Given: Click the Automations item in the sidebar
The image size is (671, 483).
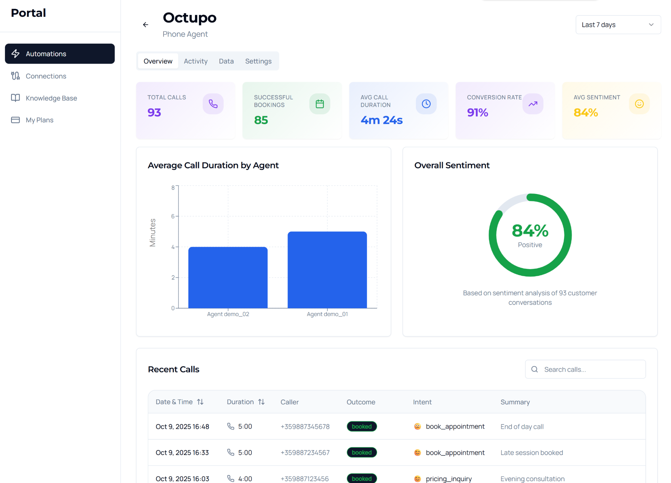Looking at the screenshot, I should [59, 54].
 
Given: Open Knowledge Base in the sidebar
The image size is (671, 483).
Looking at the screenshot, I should [51, 98].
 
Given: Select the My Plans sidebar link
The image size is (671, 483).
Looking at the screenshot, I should [39, 120].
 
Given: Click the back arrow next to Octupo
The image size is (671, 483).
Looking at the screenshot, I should [146, 25].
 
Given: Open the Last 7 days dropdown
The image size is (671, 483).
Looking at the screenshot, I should [618, 25].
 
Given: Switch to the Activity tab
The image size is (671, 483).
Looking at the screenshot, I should [195, 61].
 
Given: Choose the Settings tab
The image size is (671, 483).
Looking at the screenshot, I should [258, 61].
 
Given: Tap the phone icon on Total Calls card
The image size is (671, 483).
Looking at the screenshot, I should [213, 104].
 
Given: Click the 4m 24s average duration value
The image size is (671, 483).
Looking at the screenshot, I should [381, 120].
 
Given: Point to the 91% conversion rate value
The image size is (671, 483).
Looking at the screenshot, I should [477, 113].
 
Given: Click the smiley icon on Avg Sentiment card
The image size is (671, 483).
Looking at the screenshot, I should [639, 104].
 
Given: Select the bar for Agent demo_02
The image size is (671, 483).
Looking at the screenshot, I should [228, 277].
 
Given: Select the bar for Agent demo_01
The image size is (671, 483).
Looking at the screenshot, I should [327, 270].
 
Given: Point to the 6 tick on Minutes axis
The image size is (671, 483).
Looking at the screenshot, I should [173, 216].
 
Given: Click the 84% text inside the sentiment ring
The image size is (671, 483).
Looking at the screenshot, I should [530, 231].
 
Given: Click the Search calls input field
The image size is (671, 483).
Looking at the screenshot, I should [591, 369].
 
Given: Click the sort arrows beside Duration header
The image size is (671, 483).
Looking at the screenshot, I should [261, 402].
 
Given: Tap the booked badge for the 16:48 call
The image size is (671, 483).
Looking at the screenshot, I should [361, 426].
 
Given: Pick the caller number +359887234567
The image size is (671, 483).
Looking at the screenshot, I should [305, 453].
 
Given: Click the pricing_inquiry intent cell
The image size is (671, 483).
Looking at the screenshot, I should [448, 478].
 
